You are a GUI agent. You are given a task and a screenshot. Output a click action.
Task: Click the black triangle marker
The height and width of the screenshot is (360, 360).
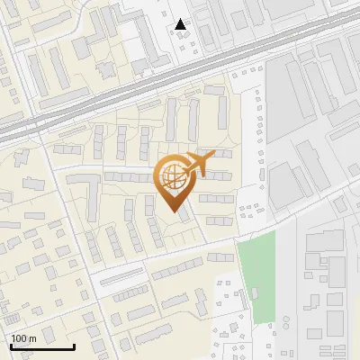pyautogui.click(x=182, y=24)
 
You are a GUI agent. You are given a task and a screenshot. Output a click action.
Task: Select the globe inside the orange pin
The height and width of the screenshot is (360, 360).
pyautogui.click(x=173, y=176)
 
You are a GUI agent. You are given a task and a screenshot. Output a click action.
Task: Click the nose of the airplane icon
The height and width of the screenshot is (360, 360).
pyautogui.click(x=215, y=156)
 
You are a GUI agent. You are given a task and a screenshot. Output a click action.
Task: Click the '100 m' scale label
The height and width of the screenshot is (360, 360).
pyautogui.click(x=23, y=337)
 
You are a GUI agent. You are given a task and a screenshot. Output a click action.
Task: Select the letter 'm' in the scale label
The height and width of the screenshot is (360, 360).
pyautogui.click(x=32, y=337)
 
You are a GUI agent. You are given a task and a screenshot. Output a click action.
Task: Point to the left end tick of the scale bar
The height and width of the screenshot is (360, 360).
pyautogui.click(x=10, y=346)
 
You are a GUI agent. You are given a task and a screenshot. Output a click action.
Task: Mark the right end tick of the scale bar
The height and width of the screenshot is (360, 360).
pyautogui.click(x=74, y=346)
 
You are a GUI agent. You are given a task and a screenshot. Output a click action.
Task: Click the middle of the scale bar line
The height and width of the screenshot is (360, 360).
pyautogui.click(x=41, y=347)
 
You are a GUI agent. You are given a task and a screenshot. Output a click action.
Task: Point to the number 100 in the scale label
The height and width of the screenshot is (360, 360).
pyautogui.click(x=19, y=337)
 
